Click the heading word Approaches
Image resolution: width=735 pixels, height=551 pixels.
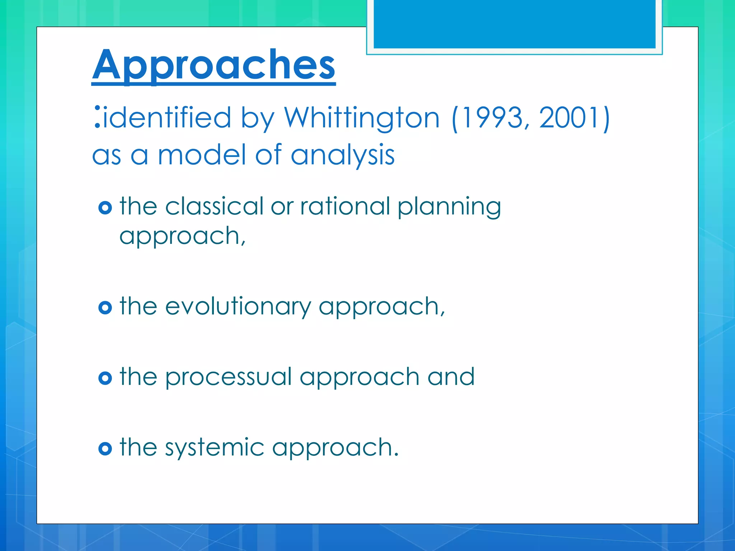point(214,65)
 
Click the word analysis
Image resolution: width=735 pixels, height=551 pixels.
point(342,156)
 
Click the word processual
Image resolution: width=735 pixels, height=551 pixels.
point(228,377)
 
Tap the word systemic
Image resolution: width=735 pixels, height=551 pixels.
point(214,448)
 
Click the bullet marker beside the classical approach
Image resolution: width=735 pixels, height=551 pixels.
point(105,208)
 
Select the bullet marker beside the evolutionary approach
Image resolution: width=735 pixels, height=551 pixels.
point(105,307)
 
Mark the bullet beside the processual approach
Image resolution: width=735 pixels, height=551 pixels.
point(105,378)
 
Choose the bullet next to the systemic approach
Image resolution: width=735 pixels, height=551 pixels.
point(105,448)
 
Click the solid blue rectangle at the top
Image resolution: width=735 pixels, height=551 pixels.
point(514,24)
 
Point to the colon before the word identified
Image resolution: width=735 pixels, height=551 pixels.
point(97,117)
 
